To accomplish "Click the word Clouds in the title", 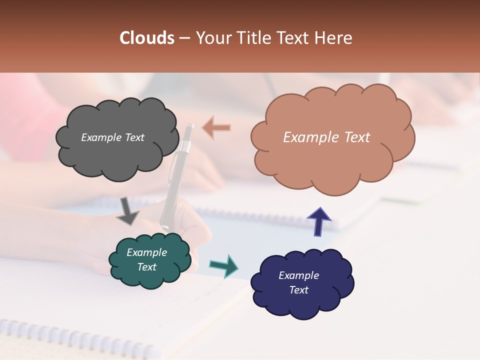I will [146, 38].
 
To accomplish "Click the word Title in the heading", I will [256, 38].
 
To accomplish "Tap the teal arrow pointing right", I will [224, 265].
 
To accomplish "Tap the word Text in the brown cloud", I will [354, 137].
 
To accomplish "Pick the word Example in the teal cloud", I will [146, 252].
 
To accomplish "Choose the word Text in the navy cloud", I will [298, 290].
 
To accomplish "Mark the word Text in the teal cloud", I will [146, 267].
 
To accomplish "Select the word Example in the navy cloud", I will [298, 275].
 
